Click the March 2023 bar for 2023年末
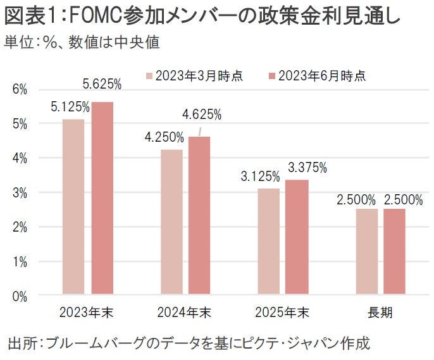[73, 207]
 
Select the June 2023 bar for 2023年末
[102, 198]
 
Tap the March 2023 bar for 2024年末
[171, 222]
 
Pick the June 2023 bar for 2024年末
[199, 216]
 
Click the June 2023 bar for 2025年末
[297, 237]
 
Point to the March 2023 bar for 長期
[367, 252]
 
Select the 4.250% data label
[164, 137]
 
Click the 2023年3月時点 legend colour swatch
[149, 76]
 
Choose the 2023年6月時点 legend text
[322, 76]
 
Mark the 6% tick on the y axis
[21, 90]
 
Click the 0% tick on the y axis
[21, 295]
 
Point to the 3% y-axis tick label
[21, 192]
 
